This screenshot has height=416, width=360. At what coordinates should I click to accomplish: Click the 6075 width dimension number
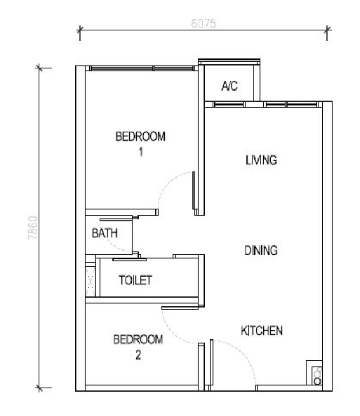click(203, 23)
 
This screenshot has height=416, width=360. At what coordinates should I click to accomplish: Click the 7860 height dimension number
click(33, 227)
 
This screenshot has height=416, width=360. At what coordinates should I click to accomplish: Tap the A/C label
click(230, 86)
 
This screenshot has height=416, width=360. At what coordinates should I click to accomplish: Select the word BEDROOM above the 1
click(140, 136)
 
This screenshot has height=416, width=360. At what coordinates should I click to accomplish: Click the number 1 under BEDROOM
click(141, 152)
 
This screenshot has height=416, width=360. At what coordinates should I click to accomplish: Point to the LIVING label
click(261, 160)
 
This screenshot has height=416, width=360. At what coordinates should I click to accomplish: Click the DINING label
click(261, 251)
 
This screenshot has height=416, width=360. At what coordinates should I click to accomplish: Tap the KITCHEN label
click(261, 331)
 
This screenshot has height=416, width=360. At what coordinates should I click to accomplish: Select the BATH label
click(105, 233)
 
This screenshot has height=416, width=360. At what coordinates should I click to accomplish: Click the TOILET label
click(136, 280)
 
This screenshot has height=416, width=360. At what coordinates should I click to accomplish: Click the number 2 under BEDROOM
click(138, 354)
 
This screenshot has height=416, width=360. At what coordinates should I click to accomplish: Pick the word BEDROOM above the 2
click(138, 339)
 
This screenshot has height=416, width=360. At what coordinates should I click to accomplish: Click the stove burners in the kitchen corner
click(317, 375)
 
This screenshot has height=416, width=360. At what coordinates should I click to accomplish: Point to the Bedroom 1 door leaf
click(194, 190)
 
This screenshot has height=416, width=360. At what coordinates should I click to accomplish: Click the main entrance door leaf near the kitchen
click(212, 362)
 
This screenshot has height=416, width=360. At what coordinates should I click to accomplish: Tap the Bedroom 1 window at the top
click(141, 68)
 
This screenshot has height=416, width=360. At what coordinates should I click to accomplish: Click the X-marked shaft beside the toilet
click(90, 281)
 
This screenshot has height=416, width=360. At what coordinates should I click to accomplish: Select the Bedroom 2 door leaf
click(180, 308)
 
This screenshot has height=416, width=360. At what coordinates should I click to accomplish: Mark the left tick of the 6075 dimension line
click(80, 30)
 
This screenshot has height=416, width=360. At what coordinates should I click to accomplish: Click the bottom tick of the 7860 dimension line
click(39, 388)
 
